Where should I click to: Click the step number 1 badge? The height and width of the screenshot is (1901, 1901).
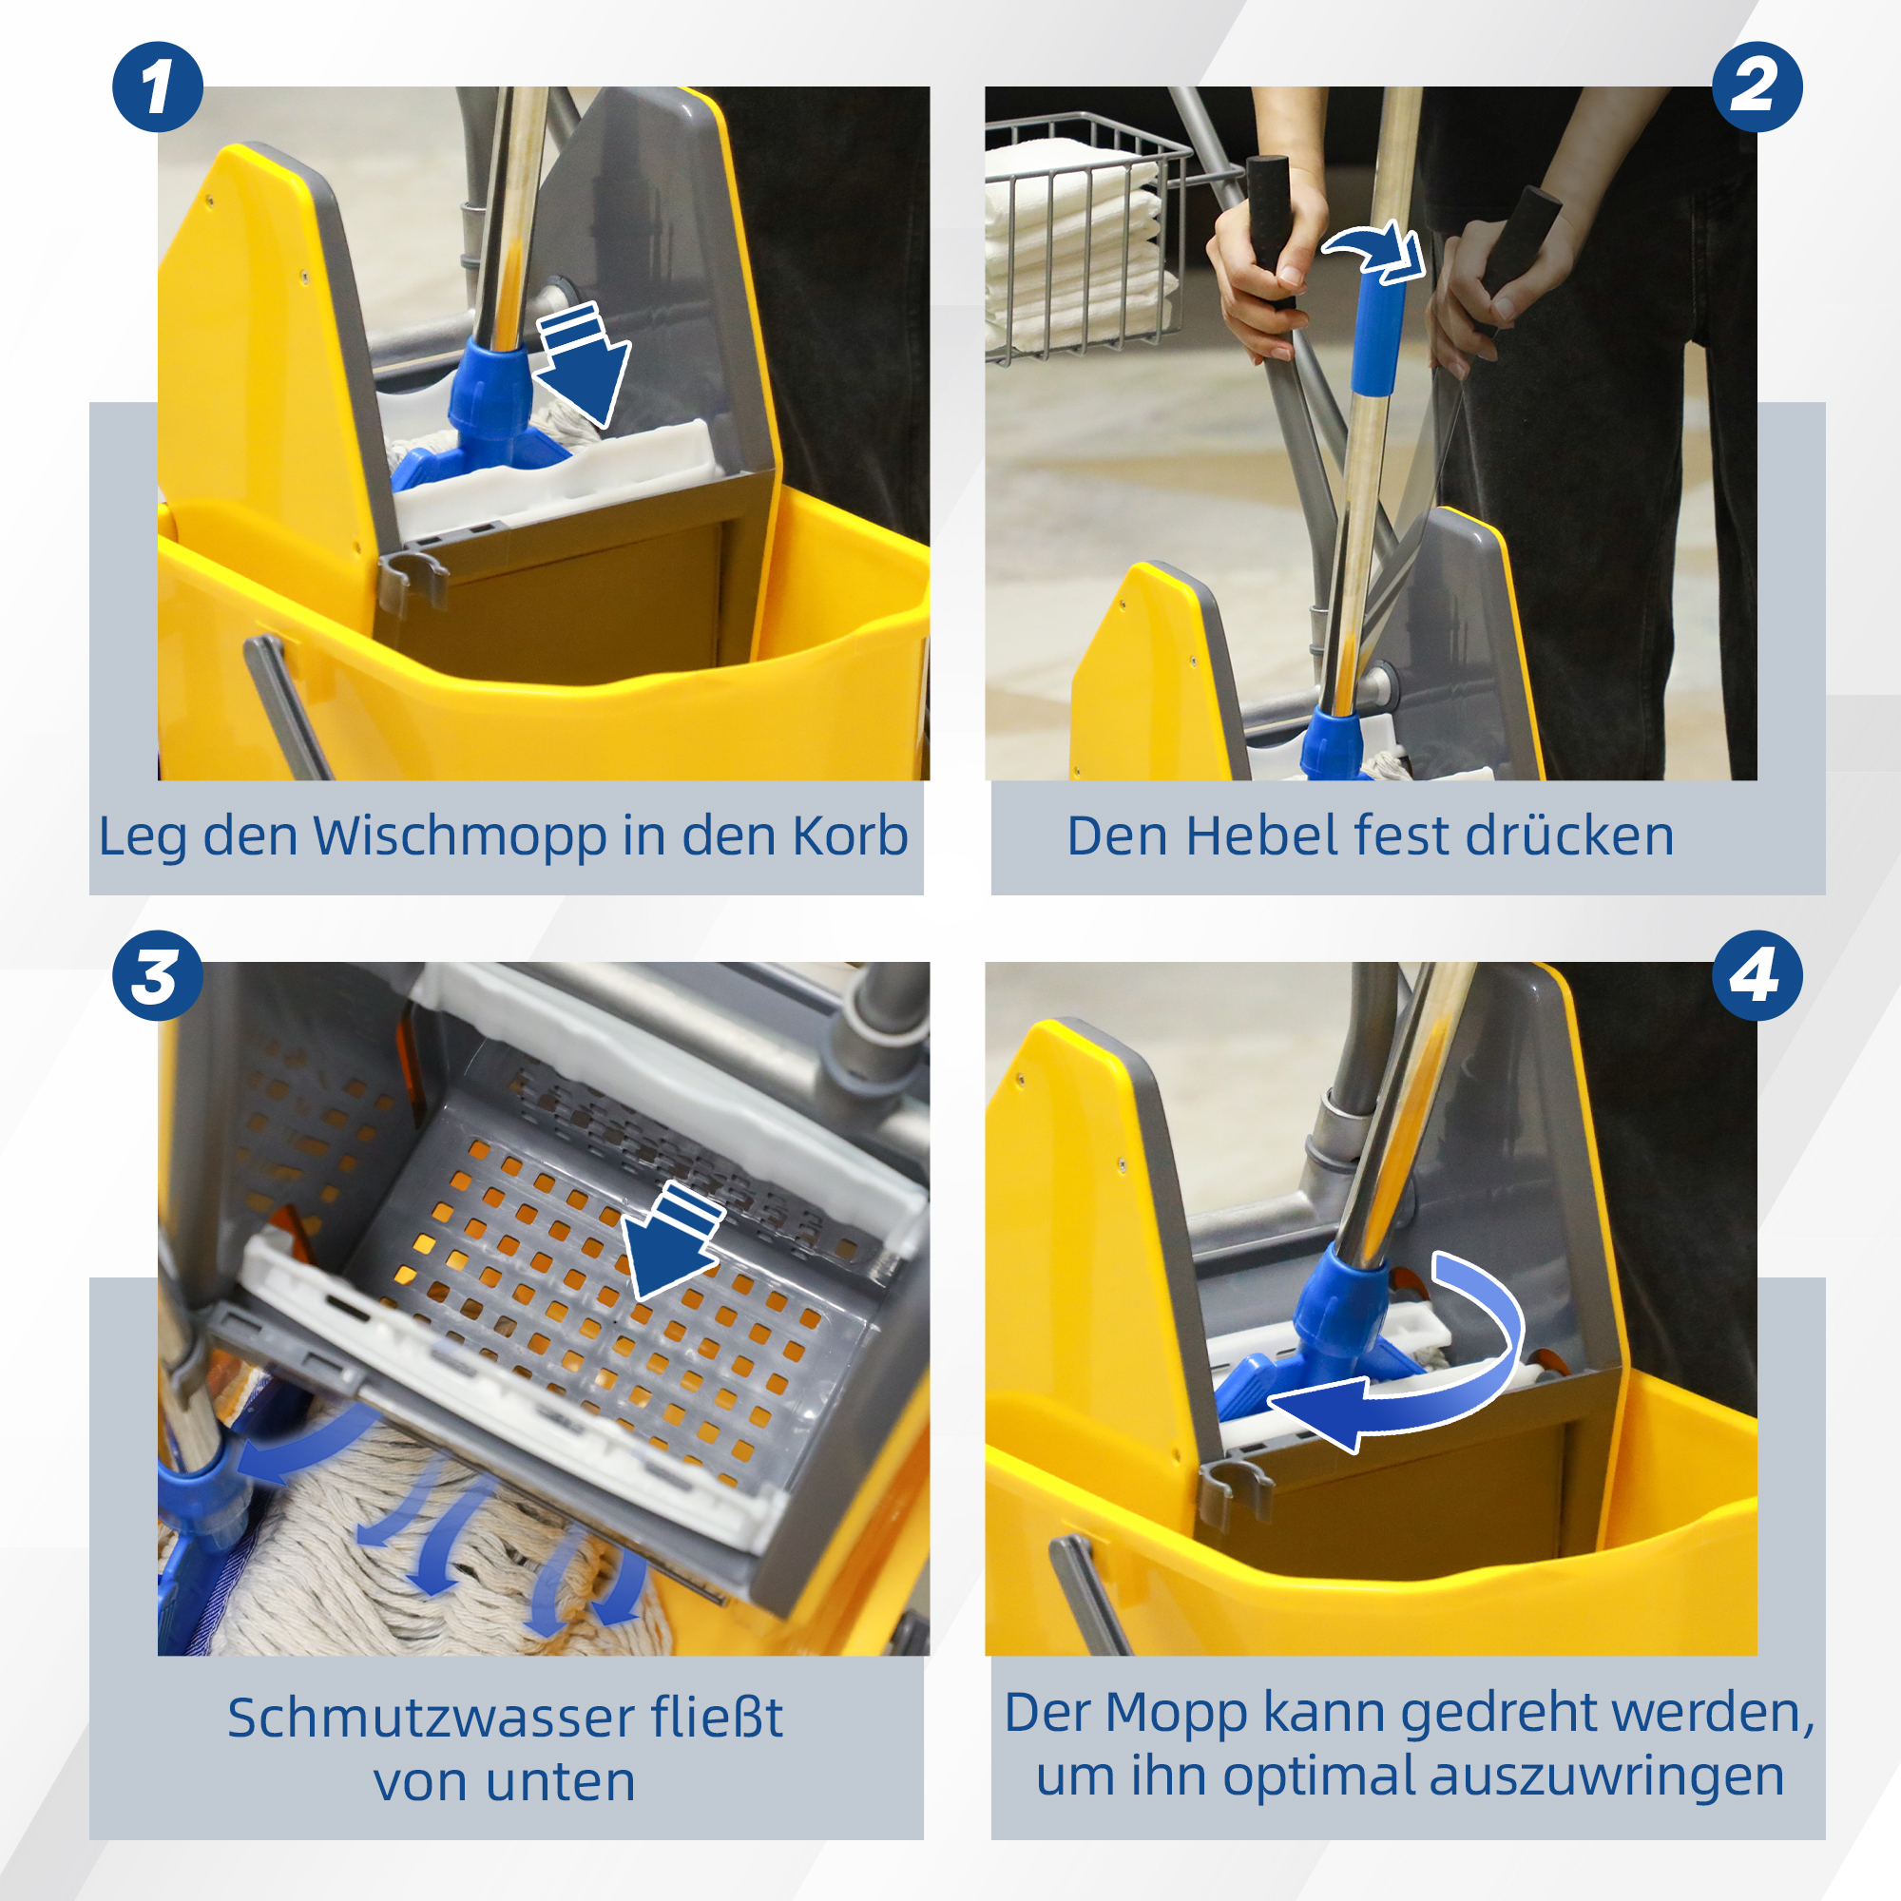tap(158, 86)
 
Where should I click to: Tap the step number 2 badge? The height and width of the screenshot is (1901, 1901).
tap(1757, 86)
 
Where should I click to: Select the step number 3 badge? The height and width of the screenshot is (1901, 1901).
tap(158, 975)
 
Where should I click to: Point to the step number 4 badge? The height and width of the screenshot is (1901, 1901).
tap(1757, 975)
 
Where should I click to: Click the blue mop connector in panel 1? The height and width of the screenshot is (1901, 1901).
tap(492, 394)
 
